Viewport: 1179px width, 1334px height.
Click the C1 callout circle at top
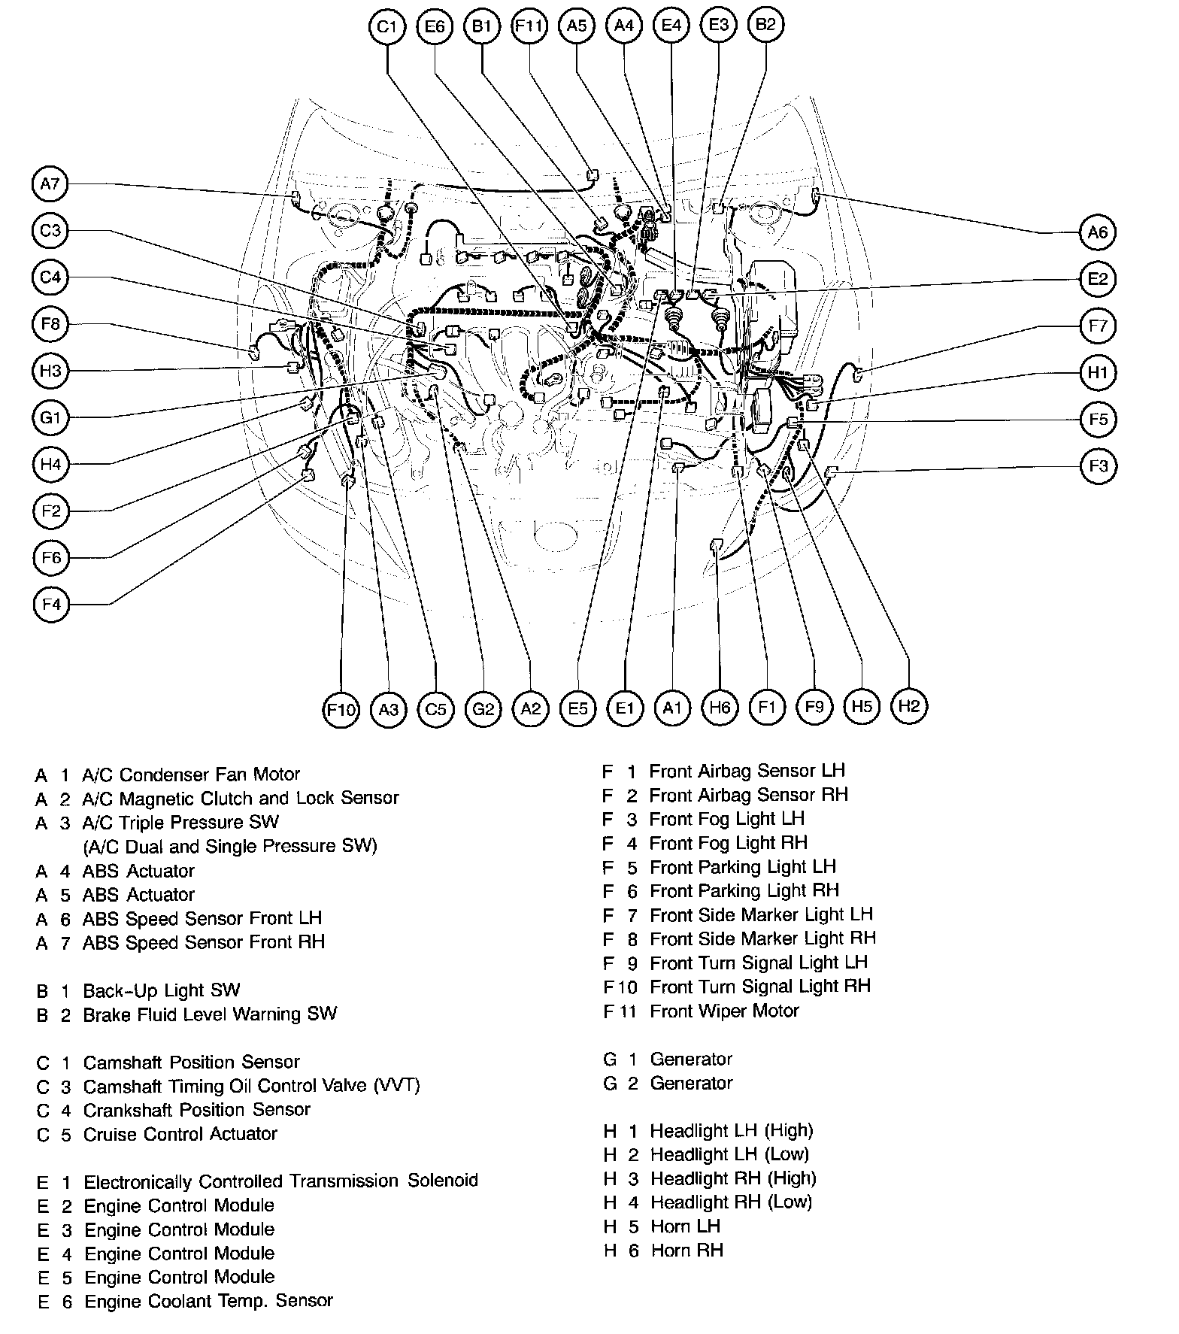point(387,28)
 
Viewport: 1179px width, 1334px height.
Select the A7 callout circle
point(50,183)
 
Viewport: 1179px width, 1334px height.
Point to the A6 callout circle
point(1097,232)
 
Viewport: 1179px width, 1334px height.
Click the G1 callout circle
point(50,417)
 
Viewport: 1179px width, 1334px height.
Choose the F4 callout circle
point(50,605)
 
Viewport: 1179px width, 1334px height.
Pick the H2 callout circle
point(908,706)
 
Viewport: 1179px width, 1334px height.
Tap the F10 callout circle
point(341,708)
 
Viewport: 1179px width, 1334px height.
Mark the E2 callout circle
point(1097,279)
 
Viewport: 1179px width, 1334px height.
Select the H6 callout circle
point(720,708)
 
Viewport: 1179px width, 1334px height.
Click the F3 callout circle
point(1097,466)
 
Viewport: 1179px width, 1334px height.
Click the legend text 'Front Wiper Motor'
point(724,1011)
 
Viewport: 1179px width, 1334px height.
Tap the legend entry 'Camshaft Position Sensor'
point(191,1063)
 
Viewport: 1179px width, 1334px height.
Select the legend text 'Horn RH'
point(686,1251)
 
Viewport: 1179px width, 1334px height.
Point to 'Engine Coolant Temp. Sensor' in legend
point(208,1301)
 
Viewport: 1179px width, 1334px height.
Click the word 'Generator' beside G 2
point(691,1084)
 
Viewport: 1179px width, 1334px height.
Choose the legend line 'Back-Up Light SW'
point(161,990)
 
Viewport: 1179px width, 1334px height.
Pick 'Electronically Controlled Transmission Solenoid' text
point(280,1181)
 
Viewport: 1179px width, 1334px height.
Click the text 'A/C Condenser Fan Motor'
point(191,775)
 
